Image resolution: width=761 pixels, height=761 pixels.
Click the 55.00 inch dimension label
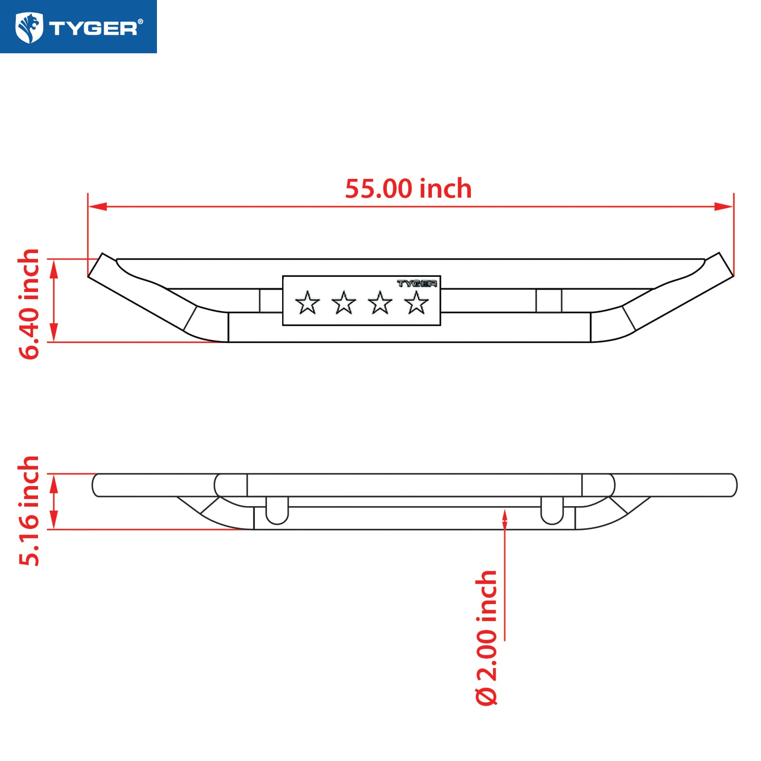pyautogui.click(x=408, y=189)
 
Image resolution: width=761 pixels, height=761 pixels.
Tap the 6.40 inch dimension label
pyautogui.click(x=29, y=304)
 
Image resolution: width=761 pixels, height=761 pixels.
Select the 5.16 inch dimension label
pyautogui.click(x=29, y=511)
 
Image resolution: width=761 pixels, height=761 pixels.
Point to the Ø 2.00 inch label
pyautogui.click(x=487, y=637)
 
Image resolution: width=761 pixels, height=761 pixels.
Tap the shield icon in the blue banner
pyautogui.click(x=29, y=28)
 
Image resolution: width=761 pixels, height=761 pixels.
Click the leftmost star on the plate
pyautogui.click(x=307, y=302)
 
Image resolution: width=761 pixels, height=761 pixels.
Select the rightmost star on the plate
pyautogui.click(x=417, y=302)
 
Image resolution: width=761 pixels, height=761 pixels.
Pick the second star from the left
pyautogui.click(x=344, y=302)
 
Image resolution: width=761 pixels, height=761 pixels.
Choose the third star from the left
pyautogui.click(x=380, y=302)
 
